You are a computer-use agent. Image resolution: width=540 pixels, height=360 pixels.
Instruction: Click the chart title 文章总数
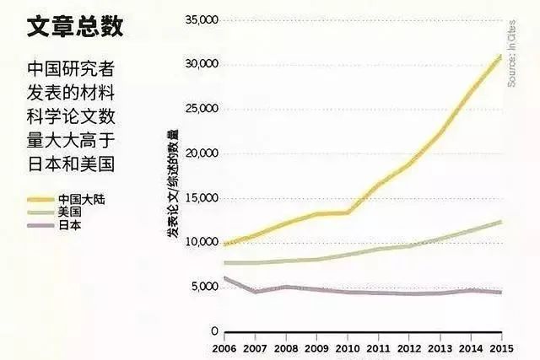[75, 27]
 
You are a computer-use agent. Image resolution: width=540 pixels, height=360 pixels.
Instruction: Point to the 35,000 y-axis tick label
[200, 19]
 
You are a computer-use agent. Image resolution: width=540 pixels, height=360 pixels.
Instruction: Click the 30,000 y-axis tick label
[200, 64]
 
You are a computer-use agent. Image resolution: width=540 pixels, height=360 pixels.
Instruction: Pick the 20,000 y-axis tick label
[200, 153]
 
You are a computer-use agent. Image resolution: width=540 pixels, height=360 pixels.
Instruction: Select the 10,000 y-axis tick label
[200, 243]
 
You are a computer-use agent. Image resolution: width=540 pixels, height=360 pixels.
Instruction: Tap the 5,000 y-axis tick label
[202, 287]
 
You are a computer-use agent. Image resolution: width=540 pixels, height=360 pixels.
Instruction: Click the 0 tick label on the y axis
[214, 331]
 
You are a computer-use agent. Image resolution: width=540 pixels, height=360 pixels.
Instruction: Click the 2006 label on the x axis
[224, 347]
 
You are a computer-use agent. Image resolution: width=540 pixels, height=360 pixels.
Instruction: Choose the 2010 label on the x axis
[348, 347]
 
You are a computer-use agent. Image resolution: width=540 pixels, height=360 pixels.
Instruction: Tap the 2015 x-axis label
[500, 347]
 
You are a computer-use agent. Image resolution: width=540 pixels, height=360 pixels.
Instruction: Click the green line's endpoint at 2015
[501, 221]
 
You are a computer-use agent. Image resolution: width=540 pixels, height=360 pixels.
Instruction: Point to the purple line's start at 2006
[224, 277]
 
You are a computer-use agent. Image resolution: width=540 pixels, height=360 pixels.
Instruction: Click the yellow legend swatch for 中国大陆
[39, 200]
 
